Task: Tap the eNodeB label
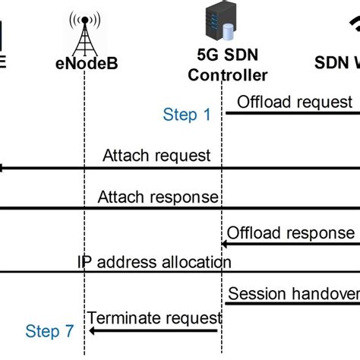84,65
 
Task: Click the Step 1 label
187,115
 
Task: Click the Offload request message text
295,102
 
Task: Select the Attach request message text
157,156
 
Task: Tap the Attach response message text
158,197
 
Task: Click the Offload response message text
291,232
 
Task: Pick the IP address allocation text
154,262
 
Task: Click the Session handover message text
292,293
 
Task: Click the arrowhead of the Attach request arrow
3,168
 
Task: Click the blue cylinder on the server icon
227,32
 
